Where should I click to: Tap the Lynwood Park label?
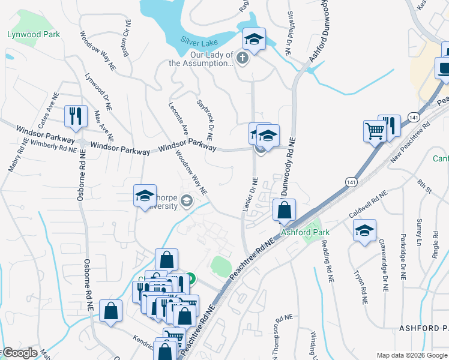point(33,34)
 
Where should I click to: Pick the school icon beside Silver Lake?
point(254,40)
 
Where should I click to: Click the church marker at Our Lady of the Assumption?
point(242,58)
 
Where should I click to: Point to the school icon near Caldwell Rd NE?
point(364,230)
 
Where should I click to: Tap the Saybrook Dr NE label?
point(206,117)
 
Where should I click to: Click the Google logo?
point(19,353)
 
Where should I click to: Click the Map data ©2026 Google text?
point(412,355)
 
